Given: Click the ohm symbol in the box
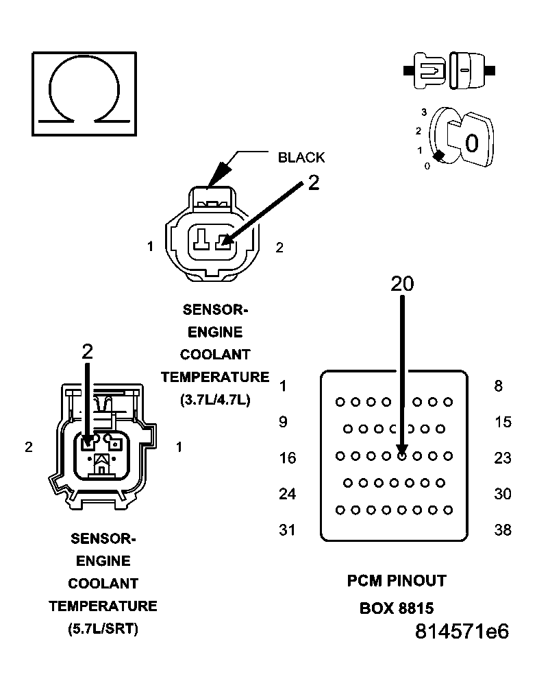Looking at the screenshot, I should [x=84, y=93].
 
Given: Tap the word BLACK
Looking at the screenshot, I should [x=301, y=158].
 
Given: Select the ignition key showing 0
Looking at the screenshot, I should [x=466, y=141].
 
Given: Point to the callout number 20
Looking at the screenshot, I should [x=402, y=283].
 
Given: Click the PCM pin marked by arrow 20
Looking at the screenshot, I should [x=402, y=454].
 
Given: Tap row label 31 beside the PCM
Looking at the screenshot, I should [x=288, y=530].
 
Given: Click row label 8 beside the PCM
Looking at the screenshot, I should [x=498, y=386].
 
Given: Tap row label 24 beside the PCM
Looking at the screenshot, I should [x=288, y=493].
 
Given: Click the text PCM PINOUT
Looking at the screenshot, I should [x=396, y=581].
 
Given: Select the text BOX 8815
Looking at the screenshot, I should [x=397, y=608].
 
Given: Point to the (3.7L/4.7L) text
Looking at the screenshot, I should [x=215, y=399].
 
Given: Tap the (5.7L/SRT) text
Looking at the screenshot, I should [x=103, y=628].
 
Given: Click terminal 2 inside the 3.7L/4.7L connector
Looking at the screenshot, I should [x=222, y=241].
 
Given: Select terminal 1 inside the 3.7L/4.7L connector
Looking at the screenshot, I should [x=200, y=241].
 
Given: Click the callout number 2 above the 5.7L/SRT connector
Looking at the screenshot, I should [x=87, y=352].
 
